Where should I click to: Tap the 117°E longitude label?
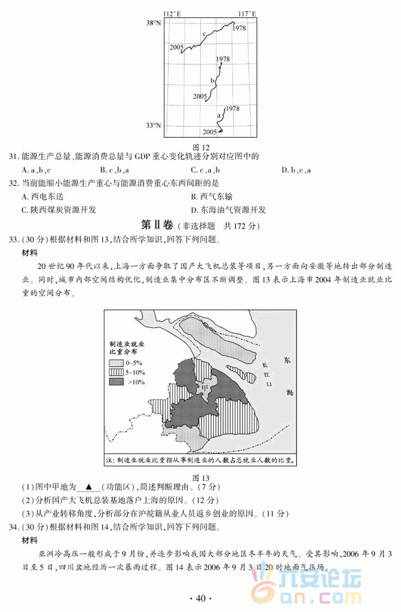[x=247, y=14]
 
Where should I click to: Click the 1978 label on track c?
[x=239, y=29]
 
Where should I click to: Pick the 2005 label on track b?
[x=200, y=97]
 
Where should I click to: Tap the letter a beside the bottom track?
[x=219, y=115]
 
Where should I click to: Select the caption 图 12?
[x=201, y=147]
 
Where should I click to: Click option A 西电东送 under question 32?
[x=46, y=196]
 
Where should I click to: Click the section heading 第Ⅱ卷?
[x=156, y=224]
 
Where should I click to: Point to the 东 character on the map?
[x=287, y=361]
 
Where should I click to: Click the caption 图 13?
[x=201, y=478]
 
